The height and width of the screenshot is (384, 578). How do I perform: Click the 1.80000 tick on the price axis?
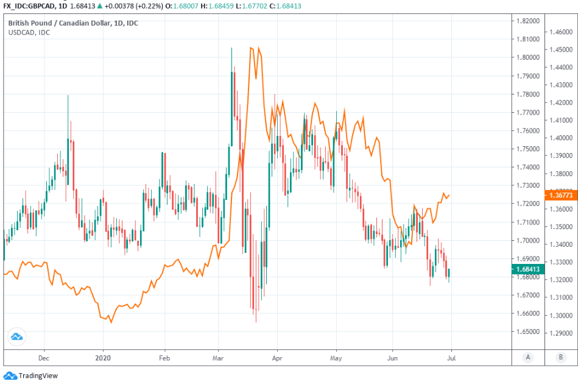point(528,57)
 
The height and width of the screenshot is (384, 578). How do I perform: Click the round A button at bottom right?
point(528,357)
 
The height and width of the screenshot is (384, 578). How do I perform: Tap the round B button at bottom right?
point(560,357)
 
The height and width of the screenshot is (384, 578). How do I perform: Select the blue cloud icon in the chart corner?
point(16,336)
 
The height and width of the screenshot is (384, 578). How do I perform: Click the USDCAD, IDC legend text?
point(29,32)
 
